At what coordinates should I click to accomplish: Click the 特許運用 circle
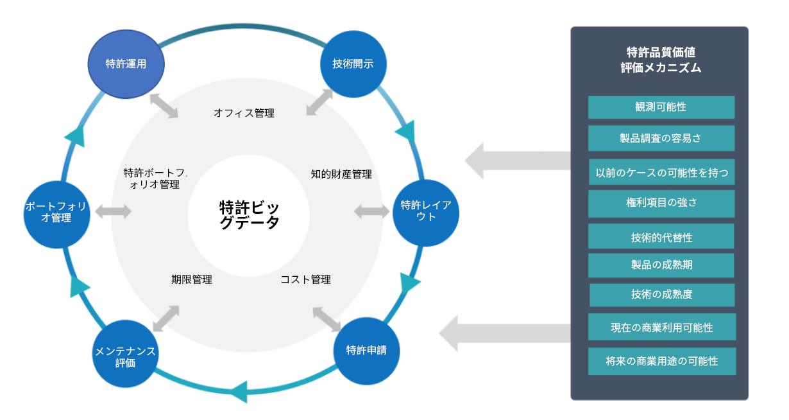pos(126,64)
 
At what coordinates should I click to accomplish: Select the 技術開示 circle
pos(353,64)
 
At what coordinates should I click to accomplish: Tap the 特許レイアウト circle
pos(426,213)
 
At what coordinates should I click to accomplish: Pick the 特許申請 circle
pos(367,351)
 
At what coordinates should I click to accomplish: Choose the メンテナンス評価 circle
pos(125,354)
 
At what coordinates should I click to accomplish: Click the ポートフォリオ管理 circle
pos(56,214)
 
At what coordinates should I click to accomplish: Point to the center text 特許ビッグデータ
pos(250,214)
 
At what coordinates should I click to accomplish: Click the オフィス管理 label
pos(244,113)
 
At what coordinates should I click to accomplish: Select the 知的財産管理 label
pos(341,174)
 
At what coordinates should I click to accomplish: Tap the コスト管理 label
pos(306,279)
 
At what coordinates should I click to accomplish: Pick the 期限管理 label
pos(192,279)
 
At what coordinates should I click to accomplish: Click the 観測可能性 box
pos(661,107)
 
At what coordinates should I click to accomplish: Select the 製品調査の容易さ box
pos(661,138)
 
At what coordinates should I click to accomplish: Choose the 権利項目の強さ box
pos(661,204)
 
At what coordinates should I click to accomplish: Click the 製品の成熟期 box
pos(661,265)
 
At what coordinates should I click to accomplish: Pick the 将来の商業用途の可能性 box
pos(662,361)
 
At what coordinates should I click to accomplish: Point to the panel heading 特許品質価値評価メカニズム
pos(661,60)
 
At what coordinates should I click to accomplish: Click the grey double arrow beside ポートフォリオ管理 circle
pos(114,211)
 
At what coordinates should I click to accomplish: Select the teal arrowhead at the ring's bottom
pos(239,392)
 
